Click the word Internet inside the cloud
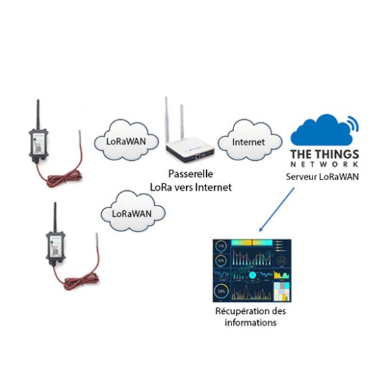(248, 142)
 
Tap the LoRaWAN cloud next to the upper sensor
(126, 140)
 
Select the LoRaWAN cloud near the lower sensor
(133, 211)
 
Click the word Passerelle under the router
(191, 174)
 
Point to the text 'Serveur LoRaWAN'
(323, 177)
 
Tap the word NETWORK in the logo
(324, 164)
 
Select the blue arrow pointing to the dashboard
(277, 209)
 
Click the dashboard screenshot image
(252, 271)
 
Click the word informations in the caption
(251, 323)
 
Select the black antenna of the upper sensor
(38, 114)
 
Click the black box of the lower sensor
(55, 246)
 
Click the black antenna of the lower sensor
(55, 217)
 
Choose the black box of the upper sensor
(39, 144)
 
